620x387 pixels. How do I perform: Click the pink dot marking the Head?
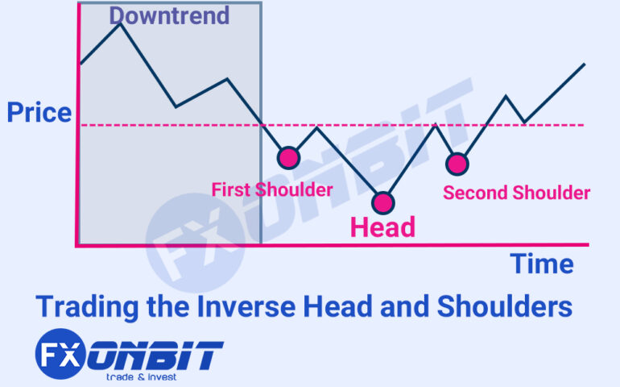click(382, 202)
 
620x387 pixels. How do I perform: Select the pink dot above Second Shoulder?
click(457, 164)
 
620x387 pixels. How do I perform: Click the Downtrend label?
click(169, 15)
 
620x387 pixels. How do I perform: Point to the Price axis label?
click(39, 113)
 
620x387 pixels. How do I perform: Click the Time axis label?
click(542, 264)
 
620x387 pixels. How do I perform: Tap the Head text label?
click(382, 227)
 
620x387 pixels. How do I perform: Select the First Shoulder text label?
click(272, 190)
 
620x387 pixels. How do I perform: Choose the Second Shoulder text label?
click(517, 193)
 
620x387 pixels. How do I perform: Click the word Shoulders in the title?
click(512, 306)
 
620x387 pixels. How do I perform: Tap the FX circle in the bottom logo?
click(61, 355)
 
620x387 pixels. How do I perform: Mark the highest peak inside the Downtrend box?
click(120, 23)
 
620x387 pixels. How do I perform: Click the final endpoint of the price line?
click(585, 63)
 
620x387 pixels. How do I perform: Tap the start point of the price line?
click(81, 62)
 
